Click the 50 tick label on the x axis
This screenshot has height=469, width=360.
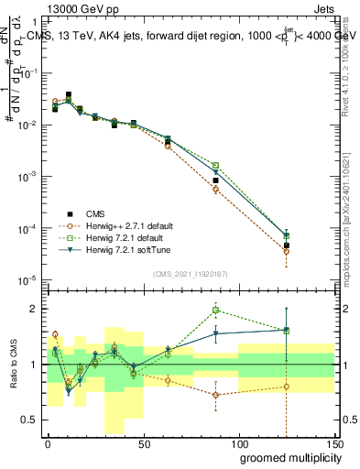[142, 442]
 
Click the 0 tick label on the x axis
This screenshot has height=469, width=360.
[48, 442]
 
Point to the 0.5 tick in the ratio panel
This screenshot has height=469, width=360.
[30, 420]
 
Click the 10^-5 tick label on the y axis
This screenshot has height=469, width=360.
[27, 279]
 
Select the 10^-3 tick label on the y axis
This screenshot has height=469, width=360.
[27, 176]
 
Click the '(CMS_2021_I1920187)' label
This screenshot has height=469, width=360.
[190, 273]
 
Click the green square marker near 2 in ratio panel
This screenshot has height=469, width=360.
[215, 310]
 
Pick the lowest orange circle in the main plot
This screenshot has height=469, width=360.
[286, 251]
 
